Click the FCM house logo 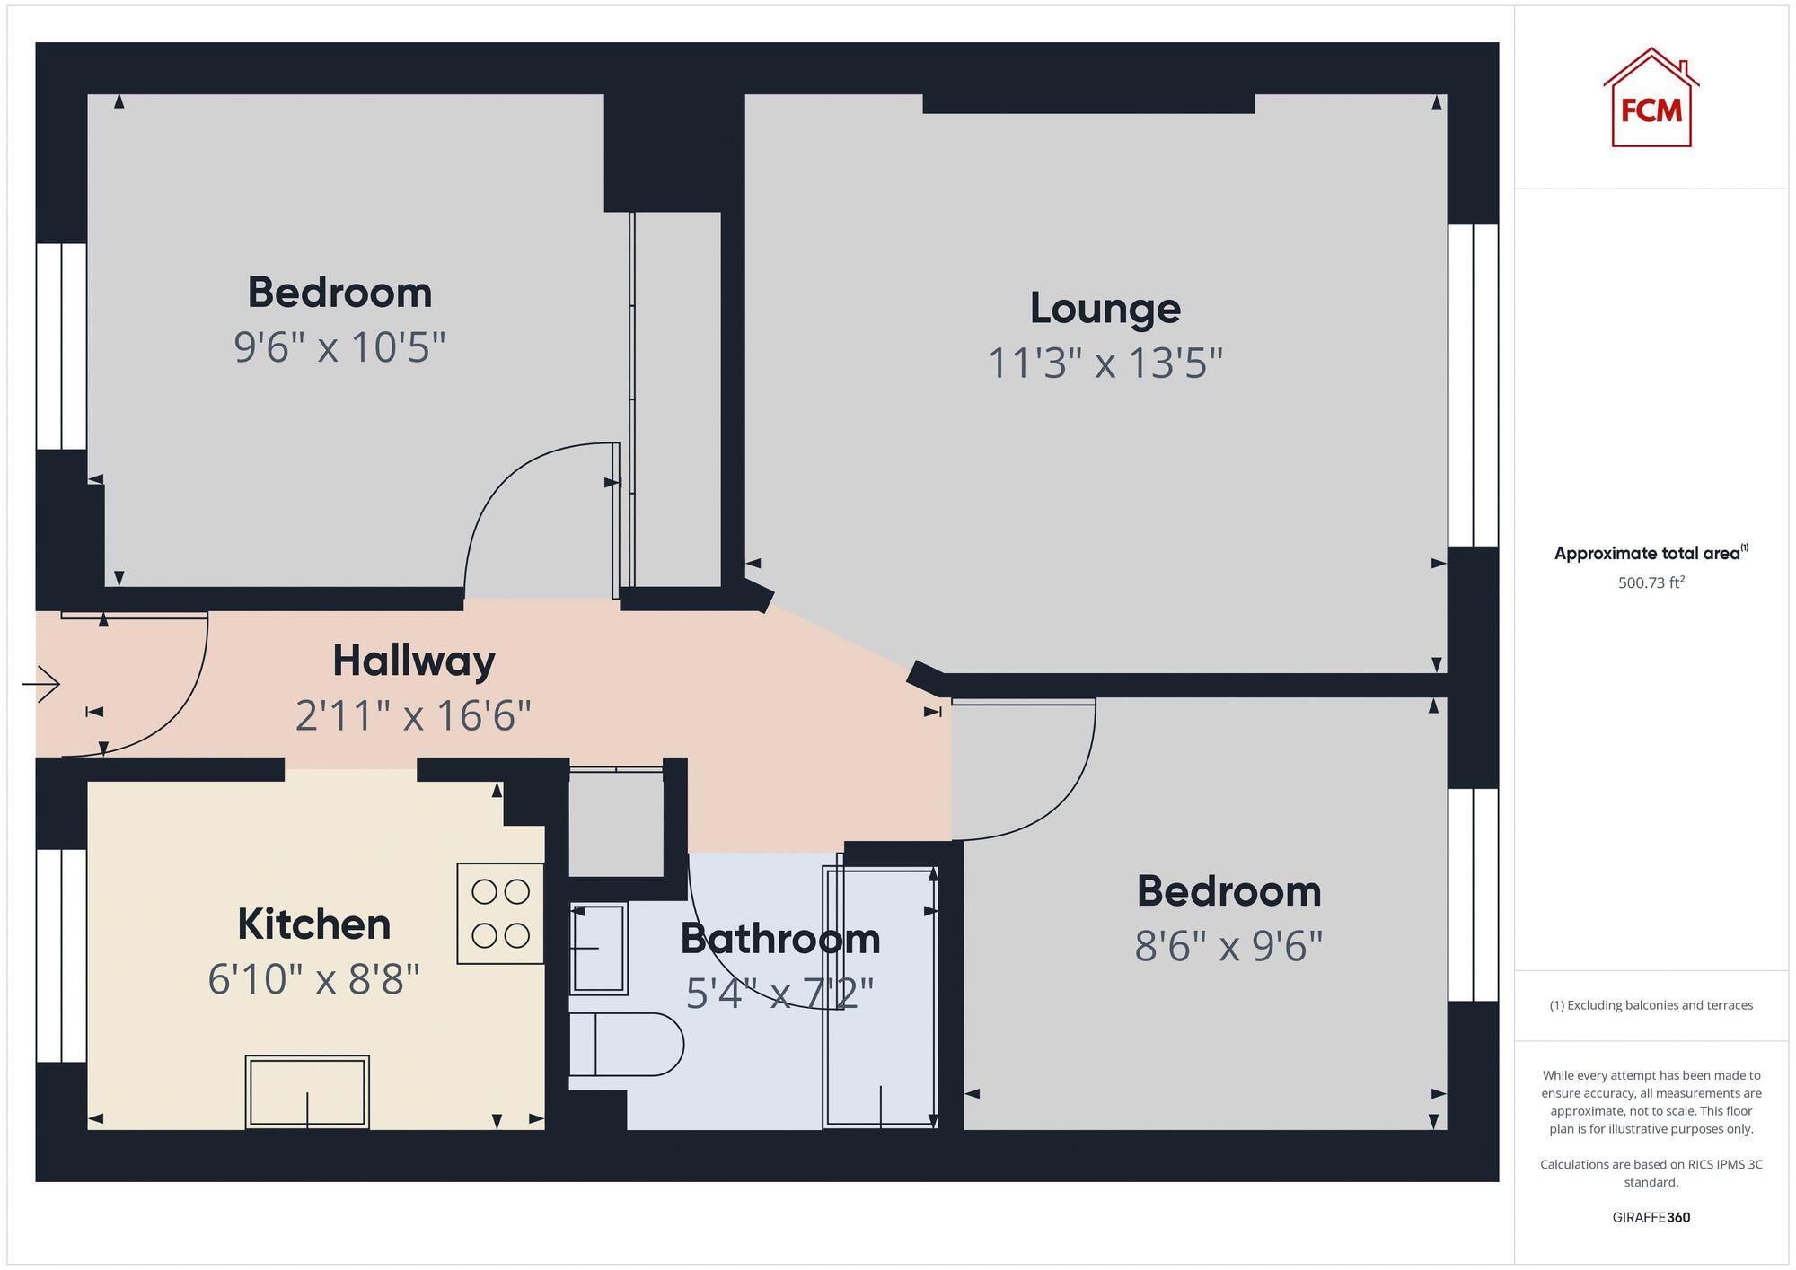click(1651, 99)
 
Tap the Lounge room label click(1105, 309)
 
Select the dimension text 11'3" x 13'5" click(1105, 363)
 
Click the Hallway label click(413, 661)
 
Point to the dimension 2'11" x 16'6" click(413, 716)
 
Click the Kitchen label click(313, 924)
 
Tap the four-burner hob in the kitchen click(500, 914)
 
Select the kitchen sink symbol click(307, 1091)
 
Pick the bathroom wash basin click(598, 948)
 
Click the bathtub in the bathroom click(880, 996)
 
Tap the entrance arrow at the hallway click(41, 685)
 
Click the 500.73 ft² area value click(1651, 582)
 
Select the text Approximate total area click(1647, 554)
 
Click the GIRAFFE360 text click(1651, 1217)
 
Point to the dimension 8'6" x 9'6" click(1228, 946)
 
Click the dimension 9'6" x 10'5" click(339, 347)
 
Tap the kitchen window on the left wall click(61, 955)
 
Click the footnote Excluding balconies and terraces click(1651, 1005)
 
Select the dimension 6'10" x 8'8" click(313, 979)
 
